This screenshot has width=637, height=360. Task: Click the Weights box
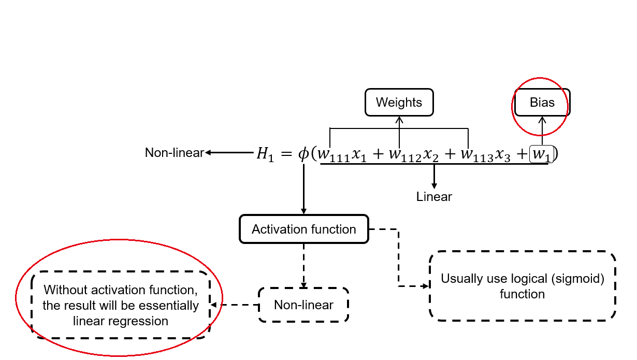pos(399,103)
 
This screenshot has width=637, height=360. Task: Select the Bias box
pos(542,103)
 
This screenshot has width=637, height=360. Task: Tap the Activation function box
pos(303,229)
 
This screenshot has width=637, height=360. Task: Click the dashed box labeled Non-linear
pos(303,305)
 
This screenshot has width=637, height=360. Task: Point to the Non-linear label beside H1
pos(174,153)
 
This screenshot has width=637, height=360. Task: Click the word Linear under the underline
pos(434,197)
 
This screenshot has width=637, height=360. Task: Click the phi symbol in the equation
pos(303,154)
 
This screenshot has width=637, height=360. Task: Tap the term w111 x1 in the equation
pos(342,155)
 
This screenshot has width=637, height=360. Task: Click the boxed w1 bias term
pos(542,155)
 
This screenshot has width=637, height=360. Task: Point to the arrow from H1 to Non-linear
pos(228,153)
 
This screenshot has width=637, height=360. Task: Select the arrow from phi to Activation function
pos(303,189)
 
